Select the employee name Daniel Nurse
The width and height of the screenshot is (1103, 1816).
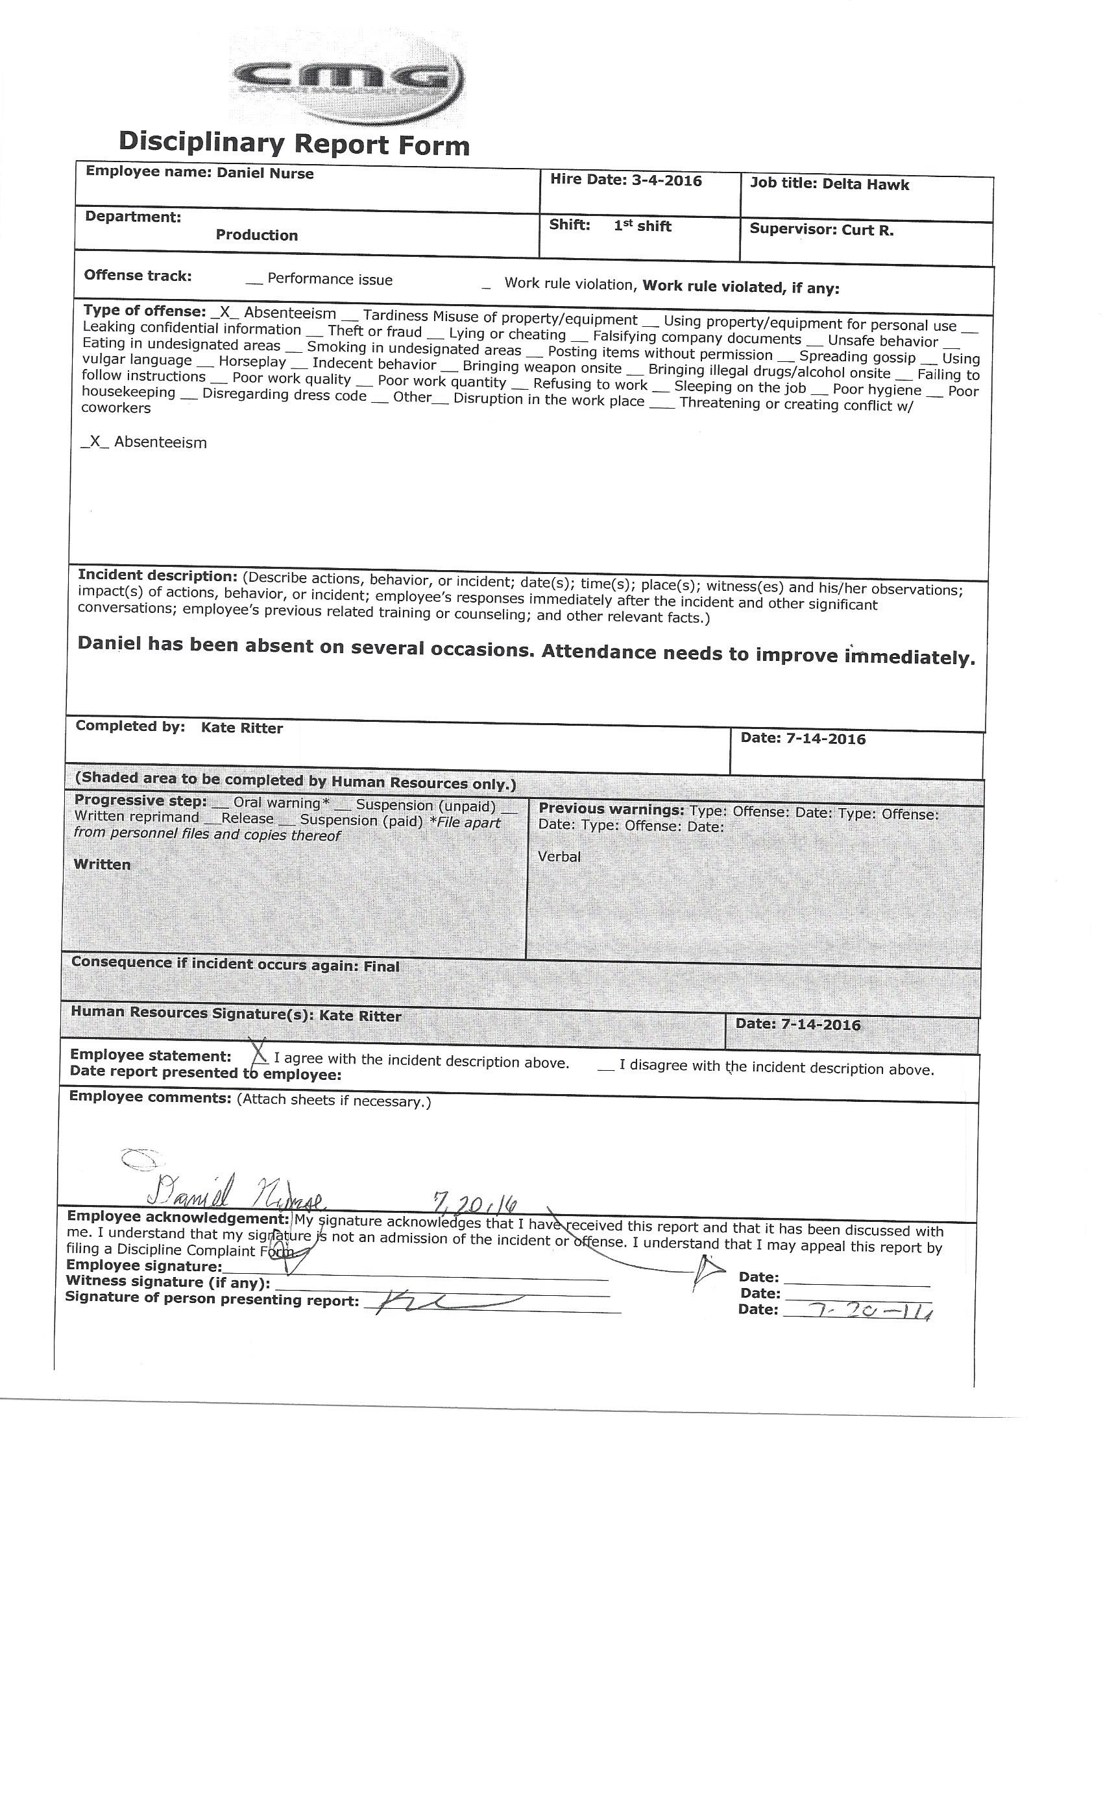coord(265,174)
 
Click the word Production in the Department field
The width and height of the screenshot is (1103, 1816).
coord(256,235)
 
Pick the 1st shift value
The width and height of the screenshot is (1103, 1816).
coord(642,226)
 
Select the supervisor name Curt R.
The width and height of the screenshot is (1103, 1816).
coord(868,230)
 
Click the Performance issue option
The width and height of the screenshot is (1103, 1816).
coord(330,280)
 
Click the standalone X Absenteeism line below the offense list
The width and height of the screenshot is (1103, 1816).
coord(145,442)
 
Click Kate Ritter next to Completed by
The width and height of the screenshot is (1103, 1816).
coord(242,728)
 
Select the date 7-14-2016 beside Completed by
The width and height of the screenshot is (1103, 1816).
coord(826,739)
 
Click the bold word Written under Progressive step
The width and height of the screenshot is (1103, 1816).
coord(102,865)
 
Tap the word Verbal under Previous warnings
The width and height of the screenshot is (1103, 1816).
coord(559,856)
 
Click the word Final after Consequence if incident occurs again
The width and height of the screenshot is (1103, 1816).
coord(382,966)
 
